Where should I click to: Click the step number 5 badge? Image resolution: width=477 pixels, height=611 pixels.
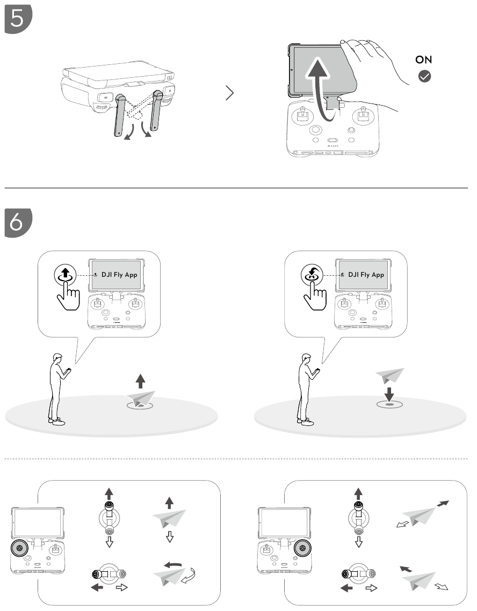(18, 19)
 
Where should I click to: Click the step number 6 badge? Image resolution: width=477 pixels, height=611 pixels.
(18, 223)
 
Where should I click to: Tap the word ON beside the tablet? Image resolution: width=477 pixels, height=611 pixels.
(423, 60)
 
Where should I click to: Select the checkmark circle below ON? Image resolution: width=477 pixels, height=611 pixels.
(425, 76)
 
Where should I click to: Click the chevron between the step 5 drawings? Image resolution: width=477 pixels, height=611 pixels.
(229, 93)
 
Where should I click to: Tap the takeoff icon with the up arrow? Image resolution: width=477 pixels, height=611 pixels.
(65, 275)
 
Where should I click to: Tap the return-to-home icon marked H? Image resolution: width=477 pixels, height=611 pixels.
(312, 275)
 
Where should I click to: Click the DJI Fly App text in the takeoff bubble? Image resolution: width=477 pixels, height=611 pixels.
(119, 275)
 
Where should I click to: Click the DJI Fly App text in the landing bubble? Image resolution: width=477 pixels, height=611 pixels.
(366, 275)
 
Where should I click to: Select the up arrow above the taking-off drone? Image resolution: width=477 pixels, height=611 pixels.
(140, 381)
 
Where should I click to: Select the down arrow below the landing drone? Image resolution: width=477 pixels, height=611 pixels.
(389, 394)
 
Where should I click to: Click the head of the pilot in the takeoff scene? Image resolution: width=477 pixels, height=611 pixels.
(58, 358)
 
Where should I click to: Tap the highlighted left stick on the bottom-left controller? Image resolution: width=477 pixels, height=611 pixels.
(19, 548)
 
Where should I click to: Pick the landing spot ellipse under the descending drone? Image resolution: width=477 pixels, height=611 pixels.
(389, 404)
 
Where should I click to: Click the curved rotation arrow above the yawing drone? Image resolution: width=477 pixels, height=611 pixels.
(174, 565)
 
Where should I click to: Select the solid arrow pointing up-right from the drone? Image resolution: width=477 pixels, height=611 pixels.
(443, 504)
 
